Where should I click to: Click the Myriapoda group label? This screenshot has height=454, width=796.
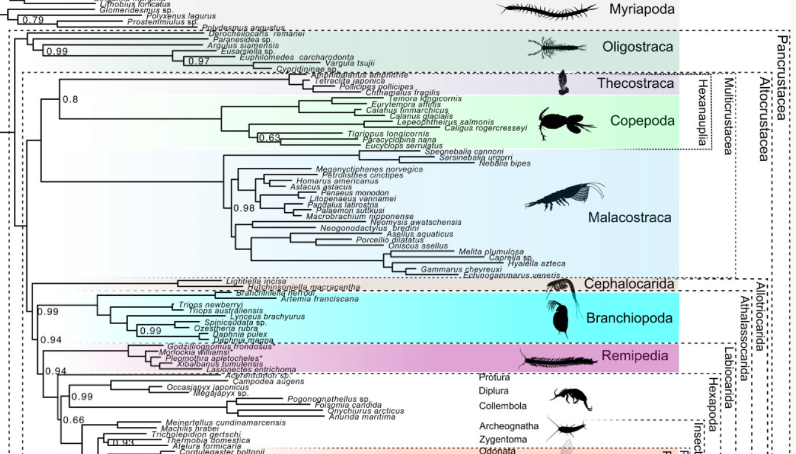(x=642, y=10)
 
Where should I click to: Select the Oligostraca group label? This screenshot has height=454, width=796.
(x=638, y=47)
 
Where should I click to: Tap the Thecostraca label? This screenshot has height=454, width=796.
(x=636, y=84)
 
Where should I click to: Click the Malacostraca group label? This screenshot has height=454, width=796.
(x=630, y=218)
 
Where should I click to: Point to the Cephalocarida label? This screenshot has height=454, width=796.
(x=629, y=284)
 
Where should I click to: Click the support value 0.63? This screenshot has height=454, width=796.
(x=270, y=138)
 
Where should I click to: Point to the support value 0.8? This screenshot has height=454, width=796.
(x=70, y=99)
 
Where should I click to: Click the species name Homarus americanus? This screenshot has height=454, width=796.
(x=337, y=181)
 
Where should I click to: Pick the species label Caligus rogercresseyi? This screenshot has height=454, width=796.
(x=485, y=128)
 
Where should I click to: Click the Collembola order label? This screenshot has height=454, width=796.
(x=502, y=406)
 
